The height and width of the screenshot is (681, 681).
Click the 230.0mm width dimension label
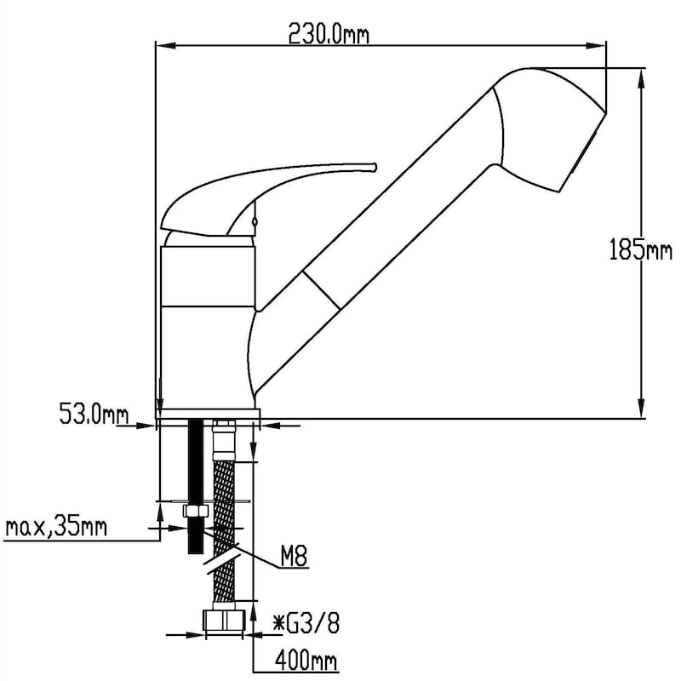[328, 34]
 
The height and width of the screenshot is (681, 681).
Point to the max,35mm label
[56, 528]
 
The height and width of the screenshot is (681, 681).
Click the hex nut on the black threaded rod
[195, 512]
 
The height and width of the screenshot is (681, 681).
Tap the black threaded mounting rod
[195, 460]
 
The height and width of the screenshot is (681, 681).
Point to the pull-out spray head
[545, 128]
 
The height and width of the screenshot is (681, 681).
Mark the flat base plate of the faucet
[209, 415]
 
